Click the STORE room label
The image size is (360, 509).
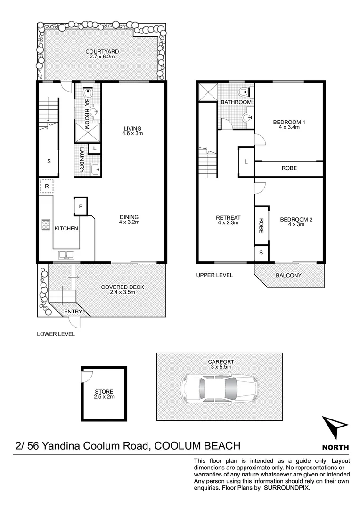pos(104,392)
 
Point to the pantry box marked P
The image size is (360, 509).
pos(81,206)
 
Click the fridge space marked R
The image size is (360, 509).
pos(46,186)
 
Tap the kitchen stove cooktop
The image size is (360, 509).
pos(46,224)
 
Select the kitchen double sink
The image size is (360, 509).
pos(66,256)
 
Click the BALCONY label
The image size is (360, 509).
pos(289,276)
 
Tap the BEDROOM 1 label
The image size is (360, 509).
pos(289,123)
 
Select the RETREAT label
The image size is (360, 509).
pos(228,218)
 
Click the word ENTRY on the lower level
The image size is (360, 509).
pos(73,312)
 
